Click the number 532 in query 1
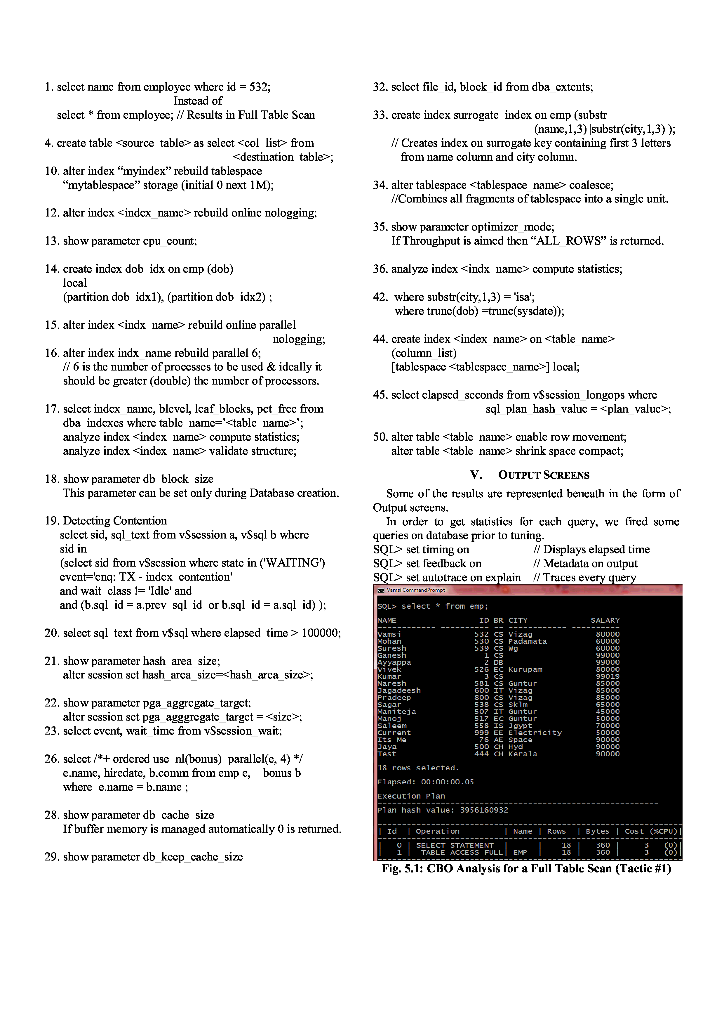coord(259,87)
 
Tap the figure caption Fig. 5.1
coord(526,868)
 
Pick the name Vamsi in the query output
coord(389,634)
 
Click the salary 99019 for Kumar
coord(608,676)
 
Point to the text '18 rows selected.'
coord(418,768)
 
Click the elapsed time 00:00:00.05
coord(448,782)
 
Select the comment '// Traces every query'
coord(584,577)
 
